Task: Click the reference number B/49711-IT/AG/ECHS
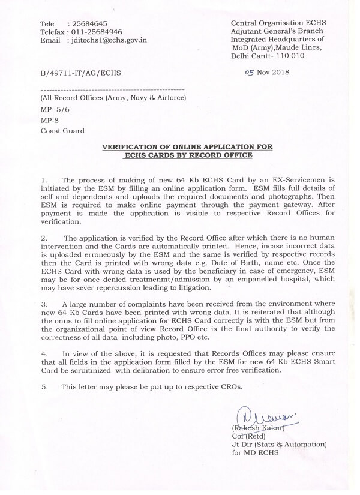[x=80, y=73]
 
